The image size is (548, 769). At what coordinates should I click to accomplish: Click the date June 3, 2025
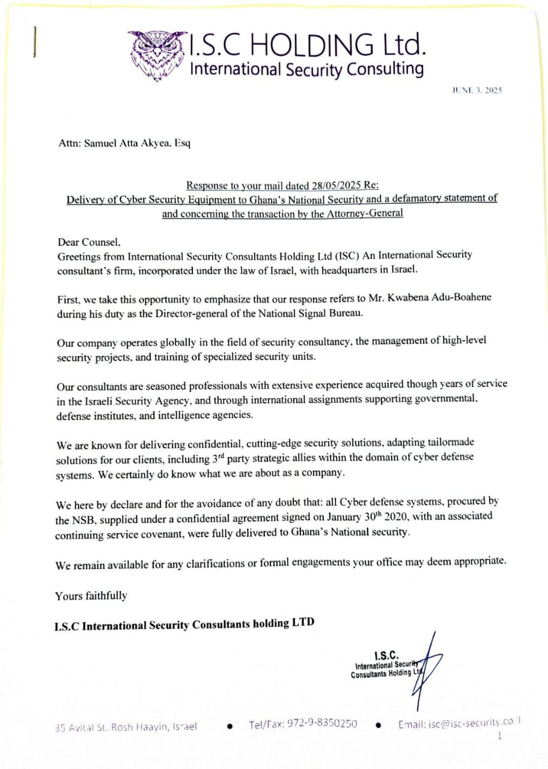476,90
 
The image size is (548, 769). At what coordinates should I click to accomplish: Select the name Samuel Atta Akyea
125,144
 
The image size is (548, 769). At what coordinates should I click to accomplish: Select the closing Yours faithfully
91,596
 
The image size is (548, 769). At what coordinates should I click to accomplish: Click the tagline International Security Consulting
306,68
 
